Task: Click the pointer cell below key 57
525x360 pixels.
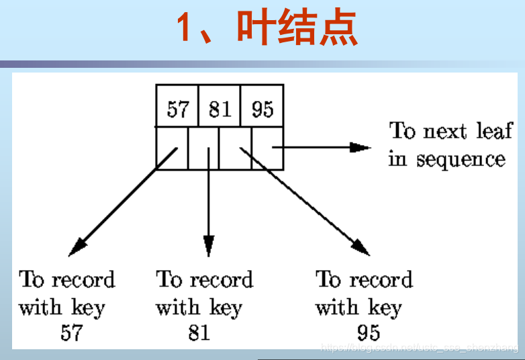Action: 172,148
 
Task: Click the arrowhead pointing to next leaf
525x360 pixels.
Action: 363,147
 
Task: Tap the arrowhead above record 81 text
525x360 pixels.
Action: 209,246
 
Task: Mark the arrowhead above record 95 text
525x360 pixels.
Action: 361,247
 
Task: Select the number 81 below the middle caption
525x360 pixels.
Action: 199,332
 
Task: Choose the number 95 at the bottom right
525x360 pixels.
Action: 369,332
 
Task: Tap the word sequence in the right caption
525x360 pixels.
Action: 461,160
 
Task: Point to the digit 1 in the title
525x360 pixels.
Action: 185,28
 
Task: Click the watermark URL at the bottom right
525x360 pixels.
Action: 420,348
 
